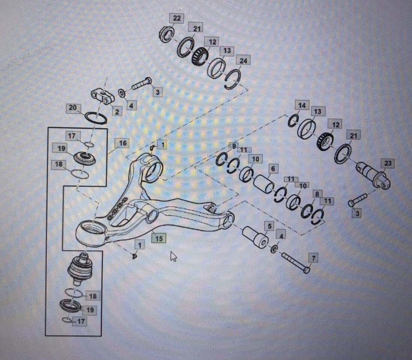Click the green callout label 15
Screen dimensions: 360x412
pos(159,238)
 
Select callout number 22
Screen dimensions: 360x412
pos(176,18)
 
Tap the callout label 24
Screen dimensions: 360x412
pos(243,60)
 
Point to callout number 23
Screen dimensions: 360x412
pos(388,163)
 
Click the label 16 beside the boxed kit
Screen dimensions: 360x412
pos(122,143)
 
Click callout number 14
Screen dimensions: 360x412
pos(302,105)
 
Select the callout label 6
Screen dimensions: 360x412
pos(272,169)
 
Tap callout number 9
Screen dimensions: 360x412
pos(233,146)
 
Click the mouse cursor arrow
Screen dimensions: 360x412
pos(173,256)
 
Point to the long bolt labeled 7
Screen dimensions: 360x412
pos(295,262)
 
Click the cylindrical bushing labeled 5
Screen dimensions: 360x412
pos(255,236)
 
